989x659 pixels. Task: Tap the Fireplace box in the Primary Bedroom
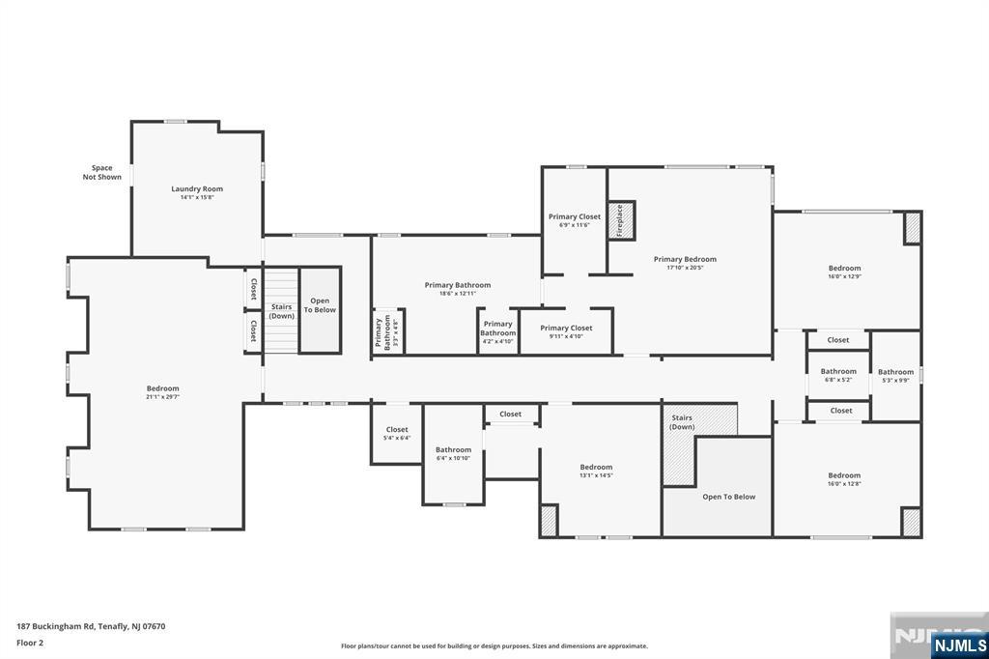(x=620, y=220)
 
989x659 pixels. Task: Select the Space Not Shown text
(x=102, y=172)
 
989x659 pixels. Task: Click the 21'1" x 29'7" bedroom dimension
(x=163, y=397)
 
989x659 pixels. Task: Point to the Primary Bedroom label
(x=685, y=259)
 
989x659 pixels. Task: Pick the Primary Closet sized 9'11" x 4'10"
(x=566, y=331)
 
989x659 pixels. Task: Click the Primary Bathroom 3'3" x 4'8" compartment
(x=383, y=331)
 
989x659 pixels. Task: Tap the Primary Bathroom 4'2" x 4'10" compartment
(x=498, y=331)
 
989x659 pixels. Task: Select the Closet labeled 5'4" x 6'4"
(x=397, y=433)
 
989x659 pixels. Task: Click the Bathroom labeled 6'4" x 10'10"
(x=453, y=453)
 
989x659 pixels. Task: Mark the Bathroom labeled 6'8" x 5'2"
(x=838, y=375)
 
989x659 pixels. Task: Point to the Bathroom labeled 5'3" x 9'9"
(x=895, y=375)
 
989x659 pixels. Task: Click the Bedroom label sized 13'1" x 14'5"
(x=597, y=471)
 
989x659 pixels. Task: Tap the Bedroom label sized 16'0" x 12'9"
(x=844, y=272)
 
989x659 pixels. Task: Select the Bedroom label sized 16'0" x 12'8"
(x=844, y=479)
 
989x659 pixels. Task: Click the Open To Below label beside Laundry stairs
(x=320, y=305)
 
